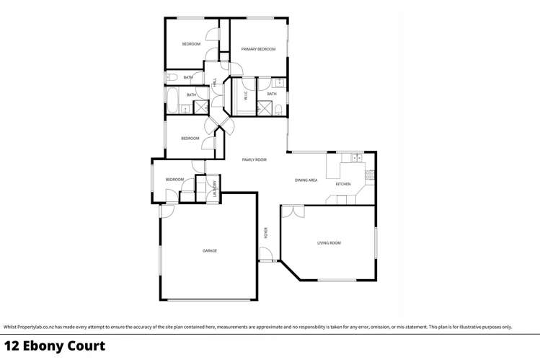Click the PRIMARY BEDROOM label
259,49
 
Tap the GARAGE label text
210,250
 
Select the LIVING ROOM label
329,243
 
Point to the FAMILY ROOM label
254,159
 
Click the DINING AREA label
306,180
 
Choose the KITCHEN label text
343,184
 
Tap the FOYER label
265,232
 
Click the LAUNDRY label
215,188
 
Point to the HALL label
214,84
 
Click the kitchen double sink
355,157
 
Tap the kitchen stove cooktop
371,173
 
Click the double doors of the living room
292,211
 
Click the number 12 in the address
11,346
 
